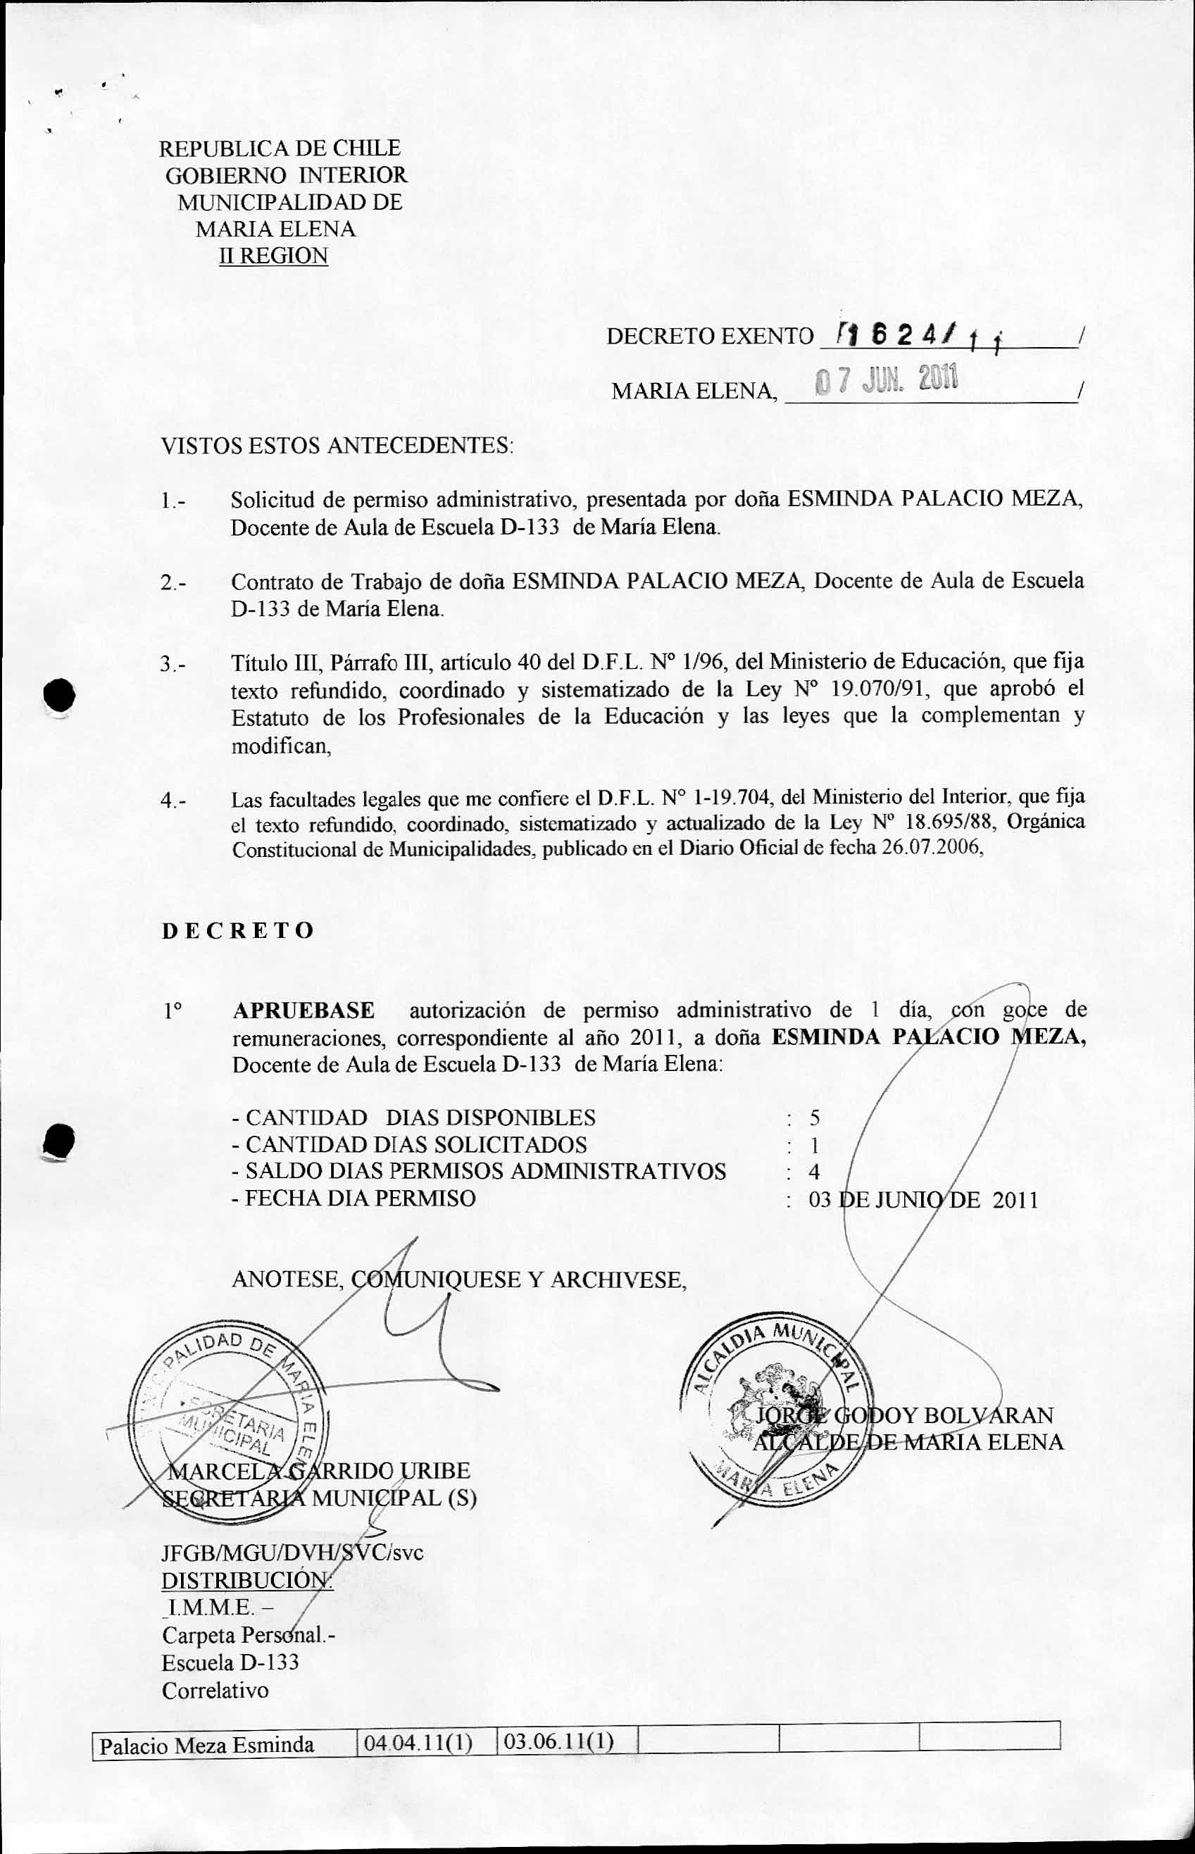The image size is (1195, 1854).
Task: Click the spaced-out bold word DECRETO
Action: [x=237, y=930]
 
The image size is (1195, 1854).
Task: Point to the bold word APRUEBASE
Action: [x=304, y=1010]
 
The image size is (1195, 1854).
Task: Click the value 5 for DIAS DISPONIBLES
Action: [x=814, y=1118]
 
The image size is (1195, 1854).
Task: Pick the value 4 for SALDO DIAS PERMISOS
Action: [x=813, y=1172]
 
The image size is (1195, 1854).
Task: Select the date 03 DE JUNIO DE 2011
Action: [x=922, y=1200]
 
